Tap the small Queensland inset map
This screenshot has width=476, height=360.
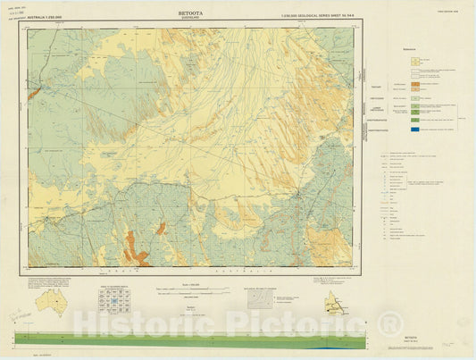click(337, 303)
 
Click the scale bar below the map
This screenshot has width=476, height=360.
click(179, 289)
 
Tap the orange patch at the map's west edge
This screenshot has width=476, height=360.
click(33, 92)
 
